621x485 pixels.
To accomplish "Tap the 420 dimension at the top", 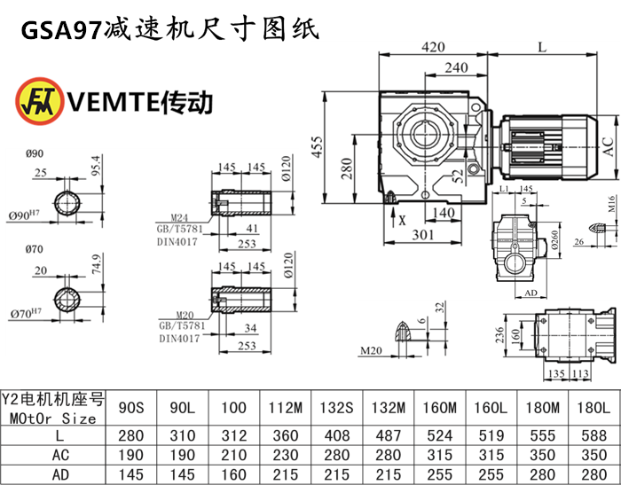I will click(433, 47).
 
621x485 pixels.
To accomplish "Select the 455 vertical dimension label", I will click(317, 149).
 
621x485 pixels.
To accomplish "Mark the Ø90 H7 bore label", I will click(36, 215).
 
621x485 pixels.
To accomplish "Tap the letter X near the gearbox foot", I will click(403, 219).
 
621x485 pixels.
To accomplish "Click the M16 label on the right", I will click(611, 207).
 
